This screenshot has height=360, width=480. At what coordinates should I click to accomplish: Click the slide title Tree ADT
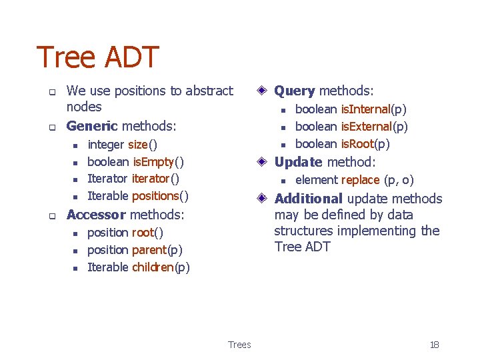click(x=97, y=57)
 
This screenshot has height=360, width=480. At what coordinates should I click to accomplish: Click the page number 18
click(x=434, y=345)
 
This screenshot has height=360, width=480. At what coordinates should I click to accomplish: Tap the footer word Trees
click(x=239, y=345)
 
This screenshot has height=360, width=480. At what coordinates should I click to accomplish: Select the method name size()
click(x=142, y=145)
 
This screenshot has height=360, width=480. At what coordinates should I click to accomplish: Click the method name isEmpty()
click(x=158, y=162)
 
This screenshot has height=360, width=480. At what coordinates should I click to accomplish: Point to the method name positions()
click(x=160, y=196)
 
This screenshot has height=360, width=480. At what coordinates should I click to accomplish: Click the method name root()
click(x=147, y=233)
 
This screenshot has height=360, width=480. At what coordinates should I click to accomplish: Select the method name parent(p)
click(x=157, y=250)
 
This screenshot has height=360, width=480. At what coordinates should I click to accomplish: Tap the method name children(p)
click(x=161, y=267)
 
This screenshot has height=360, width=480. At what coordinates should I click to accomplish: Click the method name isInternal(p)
click(x=373, y=109)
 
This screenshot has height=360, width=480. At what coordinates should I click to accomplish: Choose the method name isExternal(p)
click(x=374, y=127)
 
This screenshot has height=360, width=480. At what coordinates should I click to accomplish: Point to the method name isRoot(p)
click(x=365, y=144)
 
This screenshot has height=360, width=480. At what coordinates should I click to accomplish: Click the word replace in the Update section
click(x=360, y=180)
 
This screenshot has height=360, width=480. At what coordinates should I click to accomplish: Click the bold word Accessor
click(x=96, y=215)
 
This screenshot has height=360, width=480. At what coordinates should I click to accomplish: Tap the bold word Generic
click(x=92, y=125)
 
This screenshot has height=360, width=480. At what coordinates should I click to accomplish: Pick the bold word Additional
click(x=309, y=199)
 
